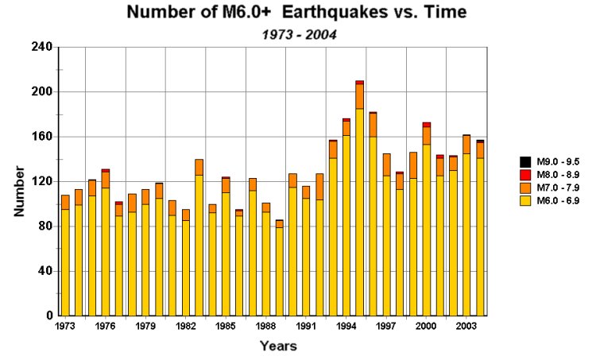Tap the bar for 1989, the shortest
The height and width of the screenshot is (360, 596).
[x=279, y=270]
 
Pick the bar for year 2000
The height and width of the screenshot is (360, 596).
[x=427, y=223]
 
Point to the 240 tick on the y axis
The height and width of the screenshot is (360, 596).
[x=42, y=47]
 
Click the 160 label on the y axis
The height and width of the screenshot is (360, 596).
[x=42, y=137]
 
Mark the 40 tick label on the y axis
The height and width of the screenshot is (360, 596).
[x=45, y=271]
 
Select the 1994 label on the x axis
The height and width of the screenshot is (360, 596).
[x=346, y=327]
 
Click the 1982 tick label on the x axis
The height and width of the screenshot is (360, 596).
[x=185, y=327]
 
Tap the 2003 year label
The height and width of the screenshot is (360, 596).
[x=466, y=327]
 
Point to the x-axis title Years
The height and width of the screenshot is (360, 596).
[x=278, y=346]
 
